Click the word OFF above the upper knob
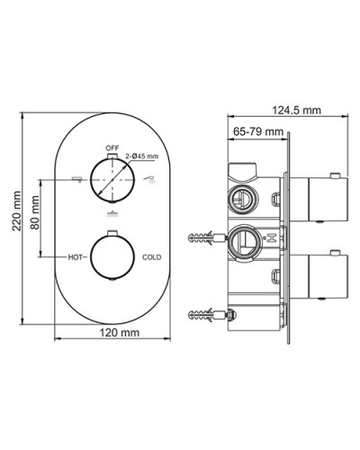(112, 146)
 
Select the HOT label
(77, 256)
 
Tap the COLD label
(152, 256)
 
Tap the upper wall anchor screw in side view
(206, 239)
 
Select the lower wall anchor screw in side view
(207, 316)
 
